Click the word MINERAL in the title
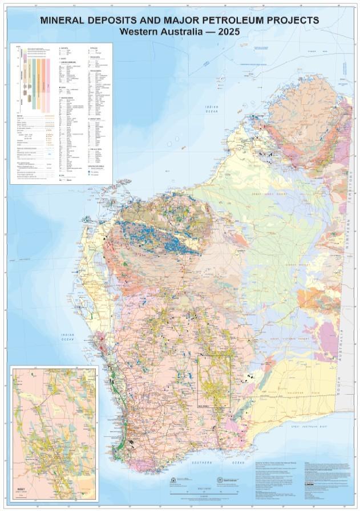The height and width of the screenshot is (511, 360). tap(65, 20)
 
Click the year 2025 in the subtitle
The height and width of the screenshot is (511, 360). tap(228, 32)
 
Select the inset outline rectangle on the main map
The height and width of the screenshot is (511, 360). tap(214, 381)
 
